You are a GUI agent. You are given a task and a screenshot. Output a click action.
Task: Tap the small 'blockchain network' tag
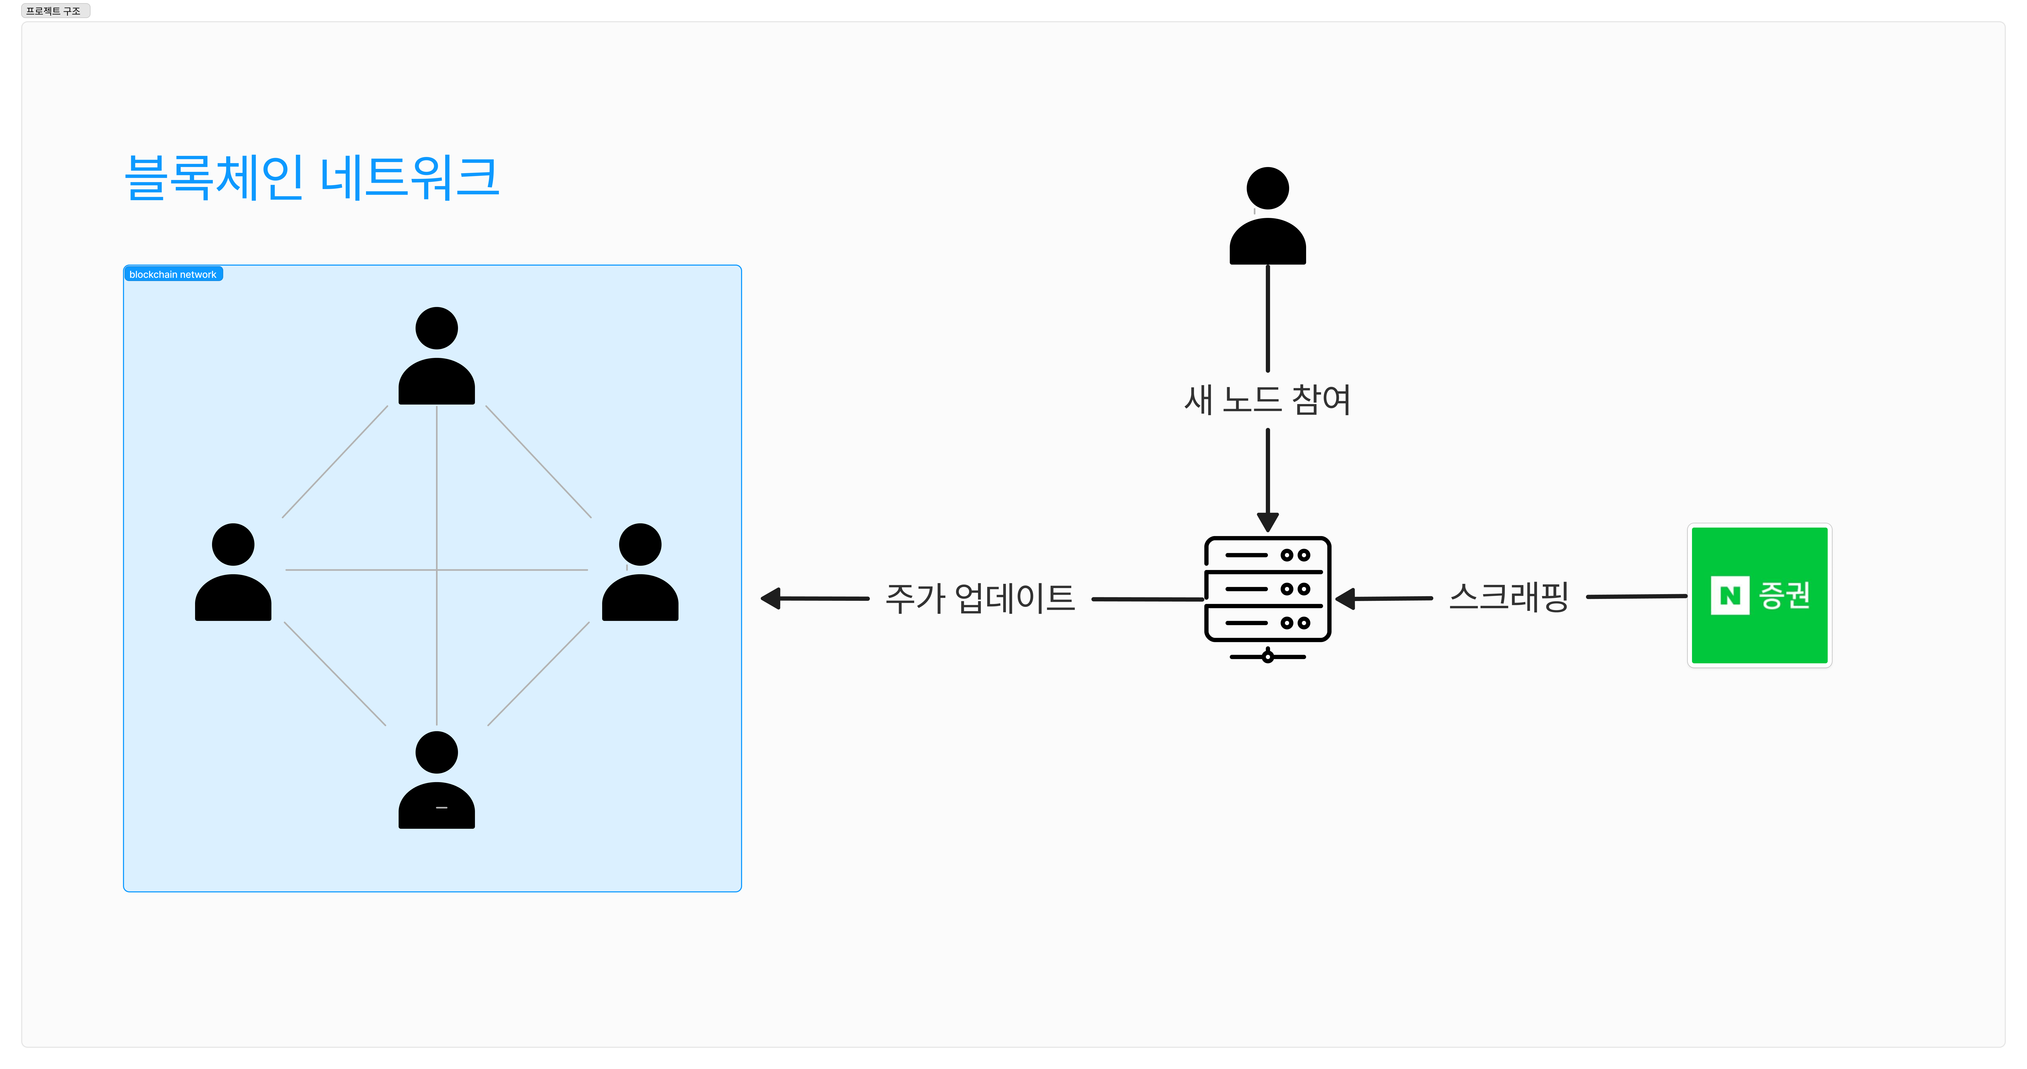173,274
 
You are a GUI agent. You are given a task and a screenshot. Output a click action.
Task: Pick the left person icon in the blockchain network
233,573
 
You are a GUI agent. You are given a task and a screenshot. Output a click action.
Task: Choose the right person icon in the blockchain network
640,573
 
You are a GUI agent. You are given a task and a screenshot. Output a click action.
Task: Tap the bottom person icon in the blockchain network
437,781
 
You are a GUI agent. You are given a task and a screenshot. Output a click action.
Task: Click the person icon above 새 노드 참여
1268,216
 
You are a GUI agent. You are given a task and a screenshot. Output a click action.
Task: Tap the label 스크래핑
1508,597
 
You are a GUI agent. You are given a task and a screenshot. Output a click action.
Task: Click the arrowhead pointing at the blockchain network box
770,598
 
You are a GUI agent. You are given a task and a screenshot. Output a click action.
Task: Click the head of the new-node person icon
1268,188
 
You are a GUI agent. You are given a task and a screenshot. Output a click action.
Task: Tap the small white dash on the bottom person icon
442,808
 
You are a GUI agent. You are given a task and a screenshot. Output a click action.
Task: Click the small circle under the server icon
1268,656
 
